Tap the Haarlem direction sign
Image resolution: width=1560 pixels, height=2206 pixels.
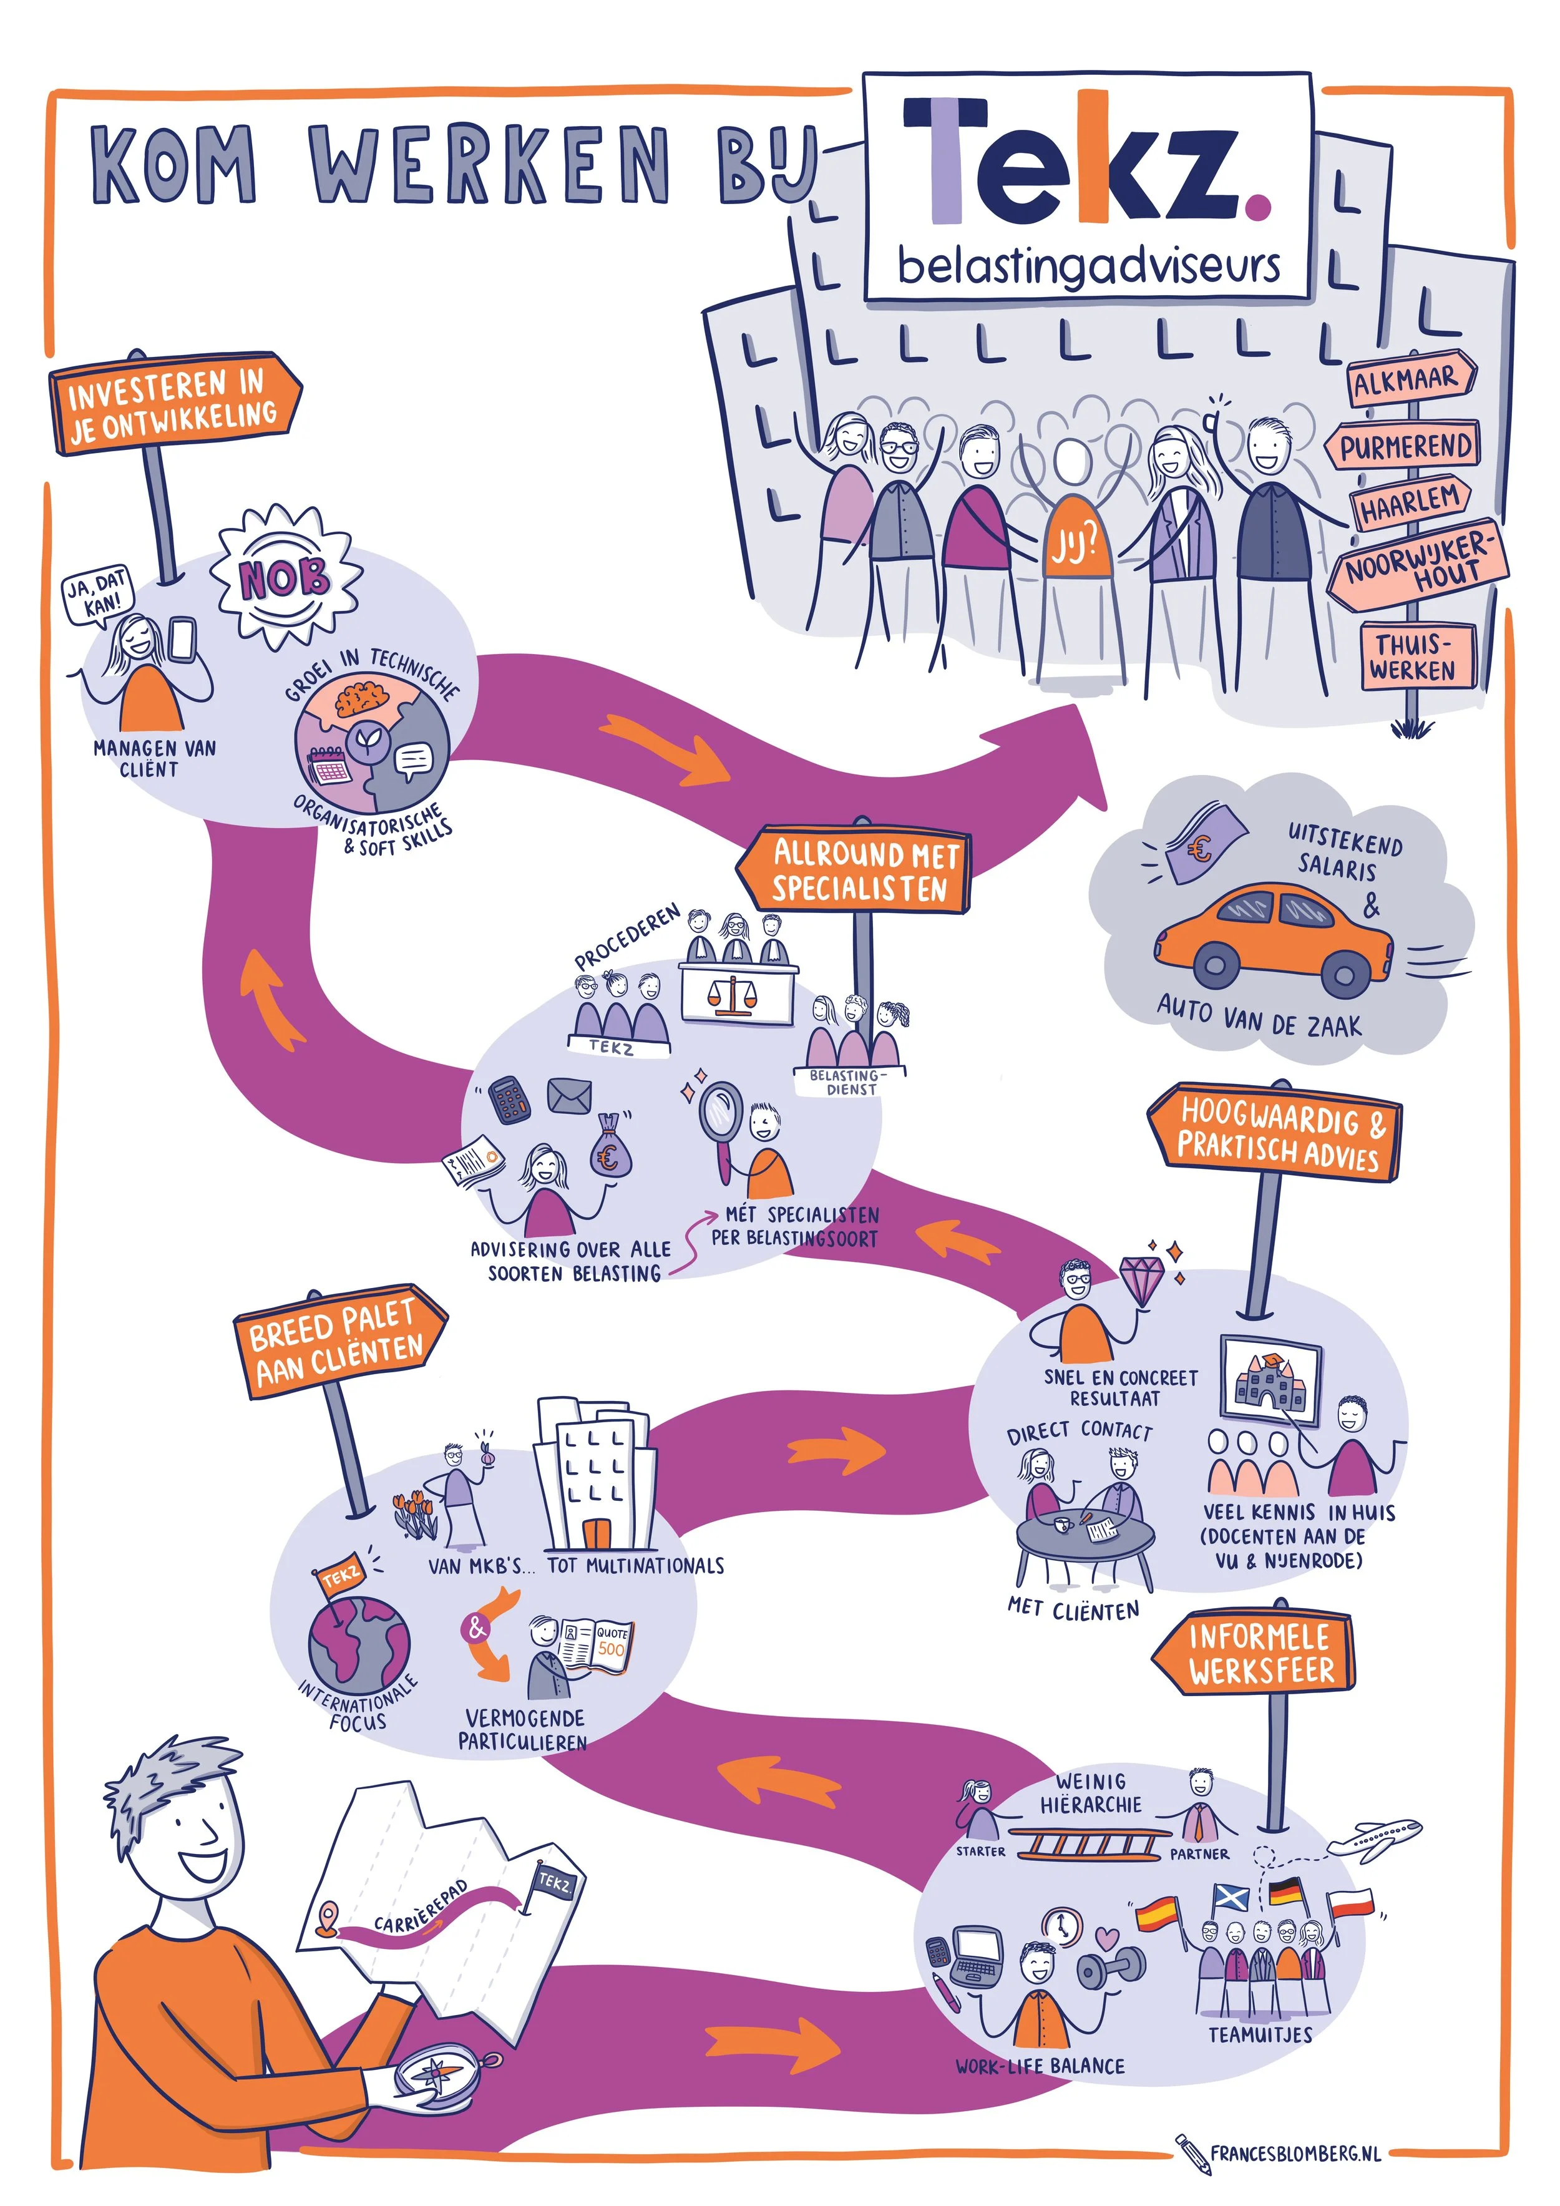click(1408, 502)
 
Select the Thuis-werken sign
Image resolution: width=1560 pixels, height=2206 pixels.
click(1413, 656)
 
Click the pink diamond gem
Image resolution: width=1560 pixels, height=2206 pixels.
click(1141, 1281)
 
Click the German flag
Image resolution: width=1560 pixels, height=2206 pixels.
click(1287, 1892)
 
